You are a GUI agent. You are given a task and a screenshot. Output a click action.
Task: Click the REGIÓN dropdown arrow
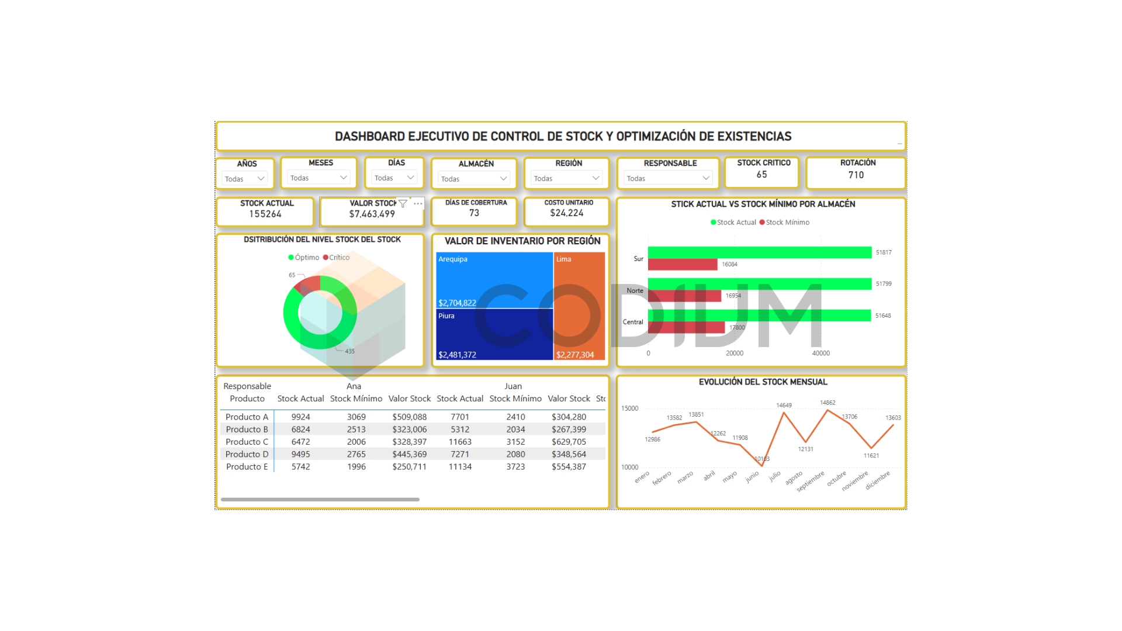(x=595, y=178)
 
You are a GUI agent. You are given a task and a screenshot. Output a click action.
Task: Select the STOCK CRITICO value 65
(x=761, y=175)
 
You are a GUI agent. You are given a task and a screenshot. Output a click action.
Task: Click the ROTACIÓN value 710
(x=856, y=175)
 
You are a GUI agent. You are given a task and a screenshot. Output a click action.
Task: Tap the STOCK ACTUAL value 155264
(x=265, y=214)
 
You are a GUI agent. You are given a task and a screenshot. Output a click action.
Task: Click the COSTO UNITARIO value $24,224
(x=566, y=213)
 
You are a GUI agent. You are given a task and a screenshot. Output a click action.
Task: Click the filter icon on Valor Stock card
(x=403, y=203)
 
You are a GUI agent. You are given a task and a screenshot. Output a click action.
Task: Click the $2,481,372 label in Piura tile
(x=457, y=355)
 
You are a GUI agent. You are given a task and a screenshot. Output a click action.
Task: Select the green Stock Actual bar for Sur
(x=760, y=252)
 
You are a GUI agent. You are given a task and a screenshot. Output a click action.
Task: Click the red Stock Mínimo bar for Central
(x=686, y=328)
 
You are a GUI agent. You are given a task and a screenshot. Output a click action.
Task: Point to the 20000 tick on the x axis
(x=735, y=353)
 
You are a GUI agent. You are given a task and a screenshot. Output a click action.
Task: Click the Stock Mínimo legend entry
(x=787, y=223)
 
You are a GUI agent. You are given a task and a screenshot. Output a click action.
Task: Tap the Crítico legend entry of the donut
(x=338, y=258)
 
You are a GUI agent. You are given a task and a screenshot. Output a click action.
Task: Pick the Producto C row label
(x=247, y=442)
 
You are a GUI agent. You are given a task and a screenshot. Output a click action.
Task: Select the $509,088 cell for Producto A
(x=409, y=417)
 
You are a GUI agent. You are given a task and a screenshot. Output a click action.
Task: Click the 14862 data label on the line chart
(x=827, y=403)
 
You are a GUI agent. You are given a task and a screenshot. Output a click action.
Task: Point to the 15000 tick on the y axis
(x=629, y=408)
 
